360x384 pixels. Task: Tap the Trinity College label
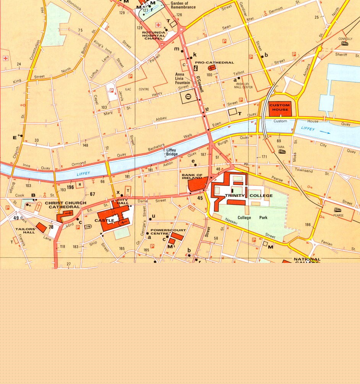[249, 196]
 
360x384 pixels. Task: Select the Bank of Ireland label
[192, 177]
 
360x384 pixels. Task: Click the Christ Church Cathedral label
[66, 205]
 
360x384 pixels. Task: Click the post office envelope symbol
[188, 97]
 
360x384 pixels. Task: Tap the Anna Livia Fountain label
[182, 78]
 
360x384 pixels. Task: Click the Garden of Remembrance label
[183, 5]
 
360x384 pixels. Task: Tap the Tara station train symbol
[282, 151]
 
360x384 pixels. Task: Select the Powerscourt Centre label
[163, 232]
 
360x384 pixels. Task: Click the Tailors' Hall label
[26, 230]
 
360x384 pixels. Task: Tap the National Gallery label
[307, 260]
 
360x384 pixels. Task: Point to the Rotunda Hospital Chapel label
[153, 36]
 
